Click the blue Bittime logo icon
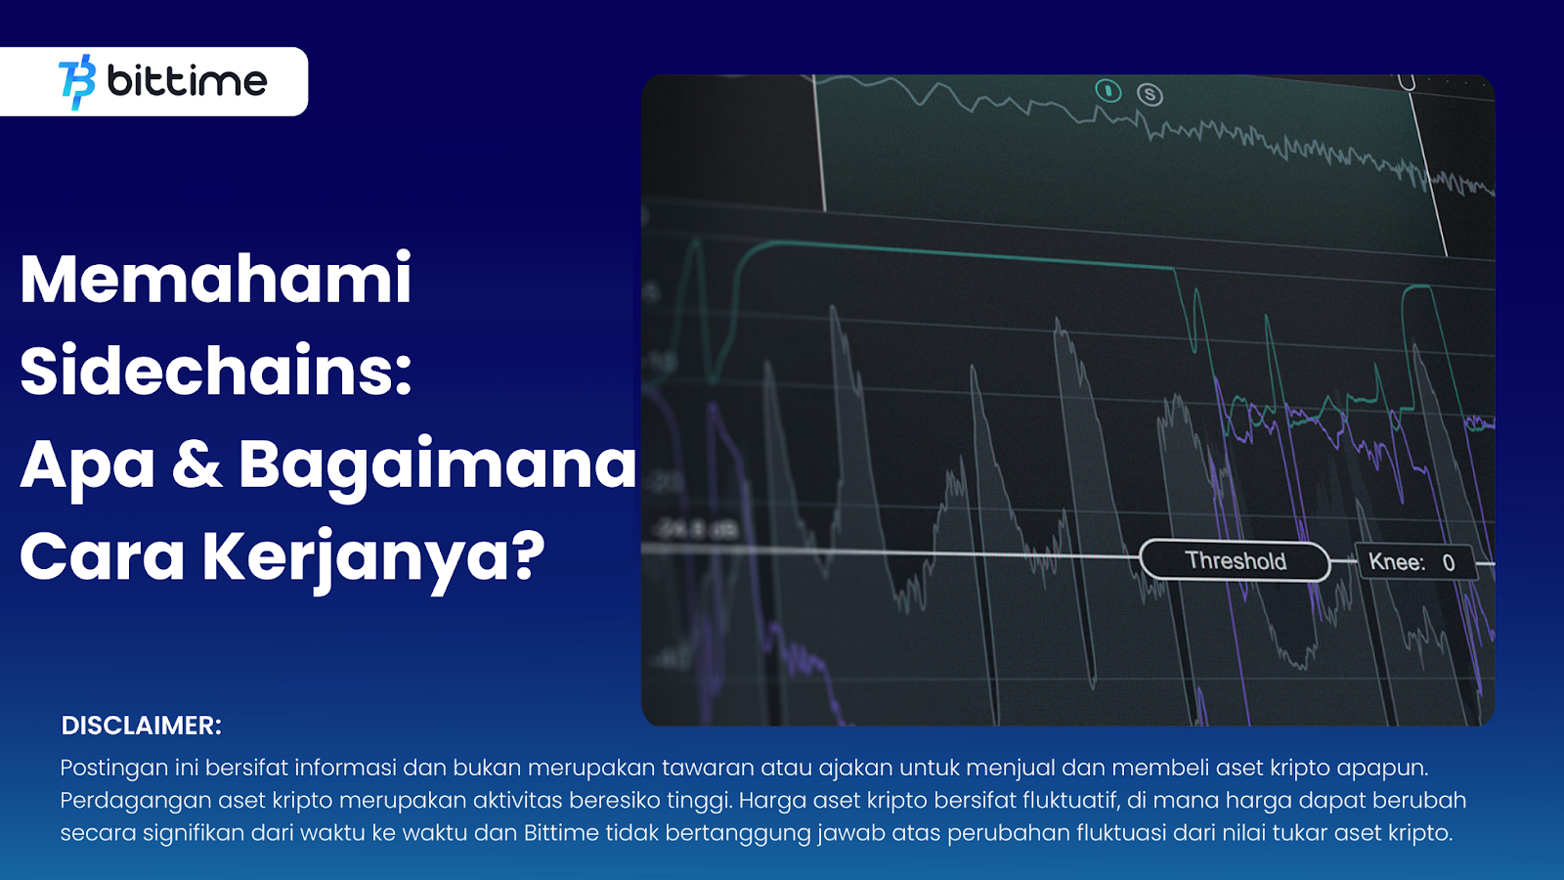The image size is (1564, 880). click(77, 82)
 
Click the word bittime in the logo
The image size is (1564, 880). click(187, 81)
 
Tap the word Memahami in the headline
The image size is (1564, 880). click(216, 280)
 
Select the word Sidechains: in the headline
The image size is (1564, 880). click(216, 371)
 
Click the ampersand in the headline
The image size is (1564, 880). click(196, 463)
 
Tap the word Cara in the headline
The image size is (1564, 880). click(102, 556)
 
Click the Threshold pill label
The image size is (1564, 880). click(1236, 561)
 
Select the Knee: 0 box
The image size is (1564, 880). click(1415, 562)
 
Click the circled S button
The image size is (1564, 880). click(1150, 94)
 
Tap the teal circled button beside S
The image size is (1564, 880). click(1108, 91)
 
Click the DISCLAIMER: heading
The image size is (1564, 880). click(141, 726)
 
